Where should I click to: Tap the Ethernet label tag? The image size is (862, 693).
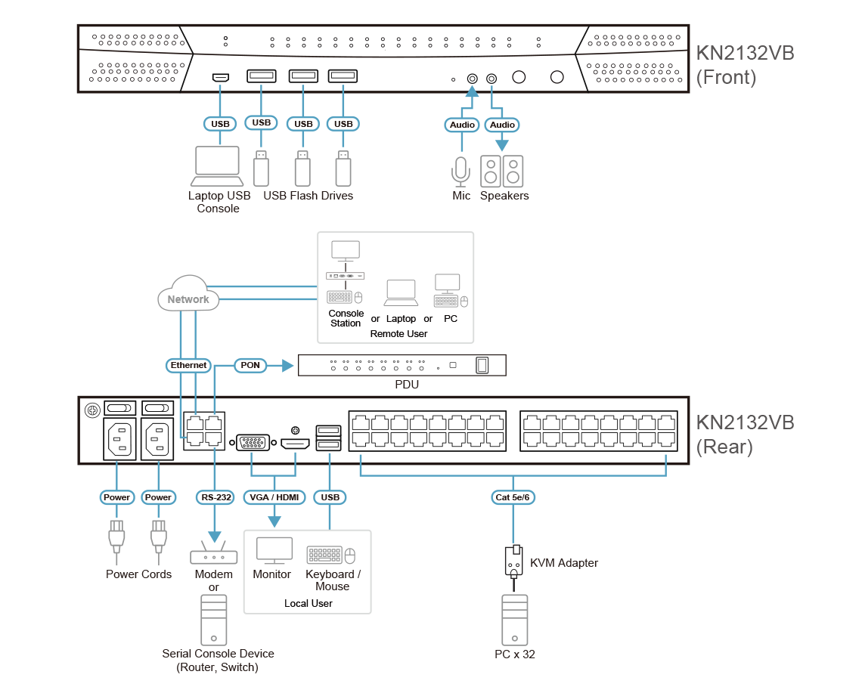click(x=188, y=365)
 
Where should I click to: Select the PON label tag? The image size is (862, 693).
click(x=250, y=365)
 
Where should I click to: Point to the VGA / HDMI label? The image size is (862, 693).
click(x=274, y=497)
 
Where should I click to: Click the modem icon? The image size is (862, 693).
click(x=213, y=555)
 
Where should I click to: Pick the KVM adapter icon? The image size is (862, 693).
click(x=514, y=561)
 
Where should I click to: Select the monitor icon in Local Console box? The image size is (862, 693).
click(x=274, y=552)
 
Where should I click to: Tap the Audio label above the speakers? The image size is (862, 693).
click(x=502, y=125)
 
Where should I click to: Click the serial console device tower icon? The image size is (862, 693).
click(x=213, y=620)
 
